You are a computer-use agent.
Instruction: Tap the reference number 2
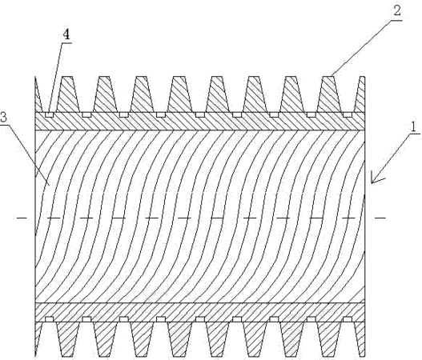pyautogui.click(x=397, y=11)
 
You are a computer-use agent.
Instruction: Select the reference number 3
pyautogui.click(x=3, y=118)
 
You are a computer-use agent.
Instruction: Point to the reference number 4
pyautogui.click(x=66, y=34)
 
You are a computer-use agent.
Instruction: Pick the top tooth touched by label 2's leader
pyautogui.click(x=329, y=94)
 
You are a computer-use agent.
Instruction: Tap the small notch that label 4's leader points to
pyautogui.click(x=49, y=115)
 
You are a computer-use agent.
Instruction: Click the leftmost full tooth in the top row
pyautogui.click(x=68, y=94)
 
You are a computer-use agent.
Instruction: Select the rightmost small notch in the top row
pyautogui.click(x=348, y=115)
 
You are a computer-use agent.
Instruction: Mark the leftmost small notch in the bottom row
pyautogui.click(x=49, y=319)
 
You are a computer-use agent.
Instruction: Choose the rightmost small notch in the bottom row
pyautogui.click(x=348, y=319)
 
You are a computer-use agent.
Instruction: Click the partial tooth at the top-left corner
pyautogui.click(x=38, y=94)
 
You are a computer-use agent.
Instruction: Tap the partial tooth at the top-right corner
pyautogui.click(x=360, y=94)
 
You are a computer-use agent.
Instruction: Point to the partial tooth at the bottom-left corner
pyautogui.click(x=38, y=339)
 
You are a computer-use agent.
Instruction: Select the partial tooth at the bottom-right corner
pyautogui.click(x=360, y=339)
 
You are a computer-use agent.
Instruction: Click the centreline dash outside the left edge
pyautogui.click(x=22, y=218)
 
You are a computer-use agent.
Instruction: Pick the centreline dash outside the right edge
pyautogui.click(x=380, y=218)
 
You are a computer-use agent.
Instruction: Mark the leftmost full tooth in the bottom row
pyautogui.click(x=68, y=339)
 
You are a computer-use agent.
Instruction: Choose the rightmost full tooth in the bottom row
pyautogui.click(x=329, y=339)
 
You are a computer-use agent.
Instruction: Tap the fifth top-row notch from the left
pyautogui.click(x=200, y=115)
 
